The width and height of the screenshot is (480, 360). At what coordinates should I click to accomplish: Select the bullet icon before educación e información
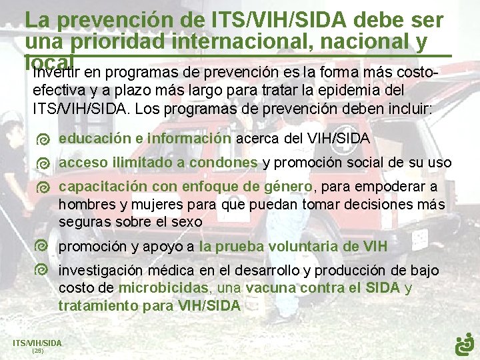coord(43,139)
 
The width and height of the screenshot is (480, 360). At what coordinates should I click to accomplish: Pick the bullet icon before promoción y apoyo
coord(43,246)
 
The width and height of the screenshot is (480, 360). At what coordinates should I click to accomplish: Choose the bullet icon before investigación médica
coord(43,270)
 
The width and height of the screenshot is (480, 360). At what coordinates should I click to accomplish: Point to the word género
coord(289,187)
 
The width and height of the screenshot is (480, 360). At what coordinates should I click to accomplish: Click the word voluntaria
coord(301,247)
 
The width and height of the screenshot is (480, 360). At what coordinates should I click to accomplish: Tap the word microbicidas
coord(163,288)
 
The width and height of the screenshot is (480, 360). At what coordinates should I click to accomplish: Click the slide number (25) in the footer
coord(37,350)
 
